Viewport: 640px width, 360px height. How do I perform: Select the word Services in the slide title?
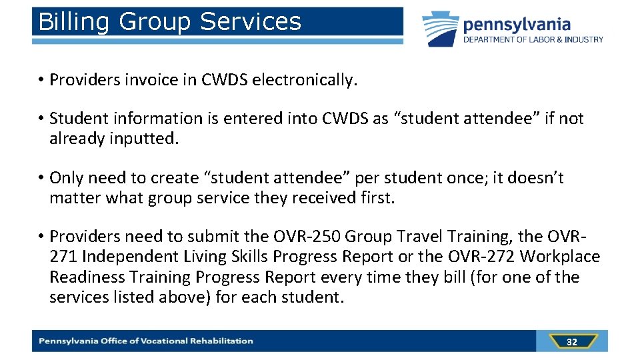click(250, 22)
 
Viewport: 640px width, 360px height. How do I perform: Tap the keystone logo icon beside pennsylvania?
click(440, 29)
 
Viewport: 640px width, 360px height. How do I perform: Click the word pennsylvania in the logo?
click(517, 25)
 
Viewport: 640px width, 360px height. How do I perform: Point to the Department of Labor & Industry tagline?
click(533, 40)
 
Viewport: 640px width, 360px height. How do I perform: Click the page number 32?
click(571, 342)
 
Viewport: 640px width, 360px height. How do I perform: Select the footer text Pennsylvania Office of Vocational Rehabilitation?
click(146, 341)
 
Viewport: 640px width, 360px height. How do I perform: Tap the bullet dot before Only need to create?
click(41, 178)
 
